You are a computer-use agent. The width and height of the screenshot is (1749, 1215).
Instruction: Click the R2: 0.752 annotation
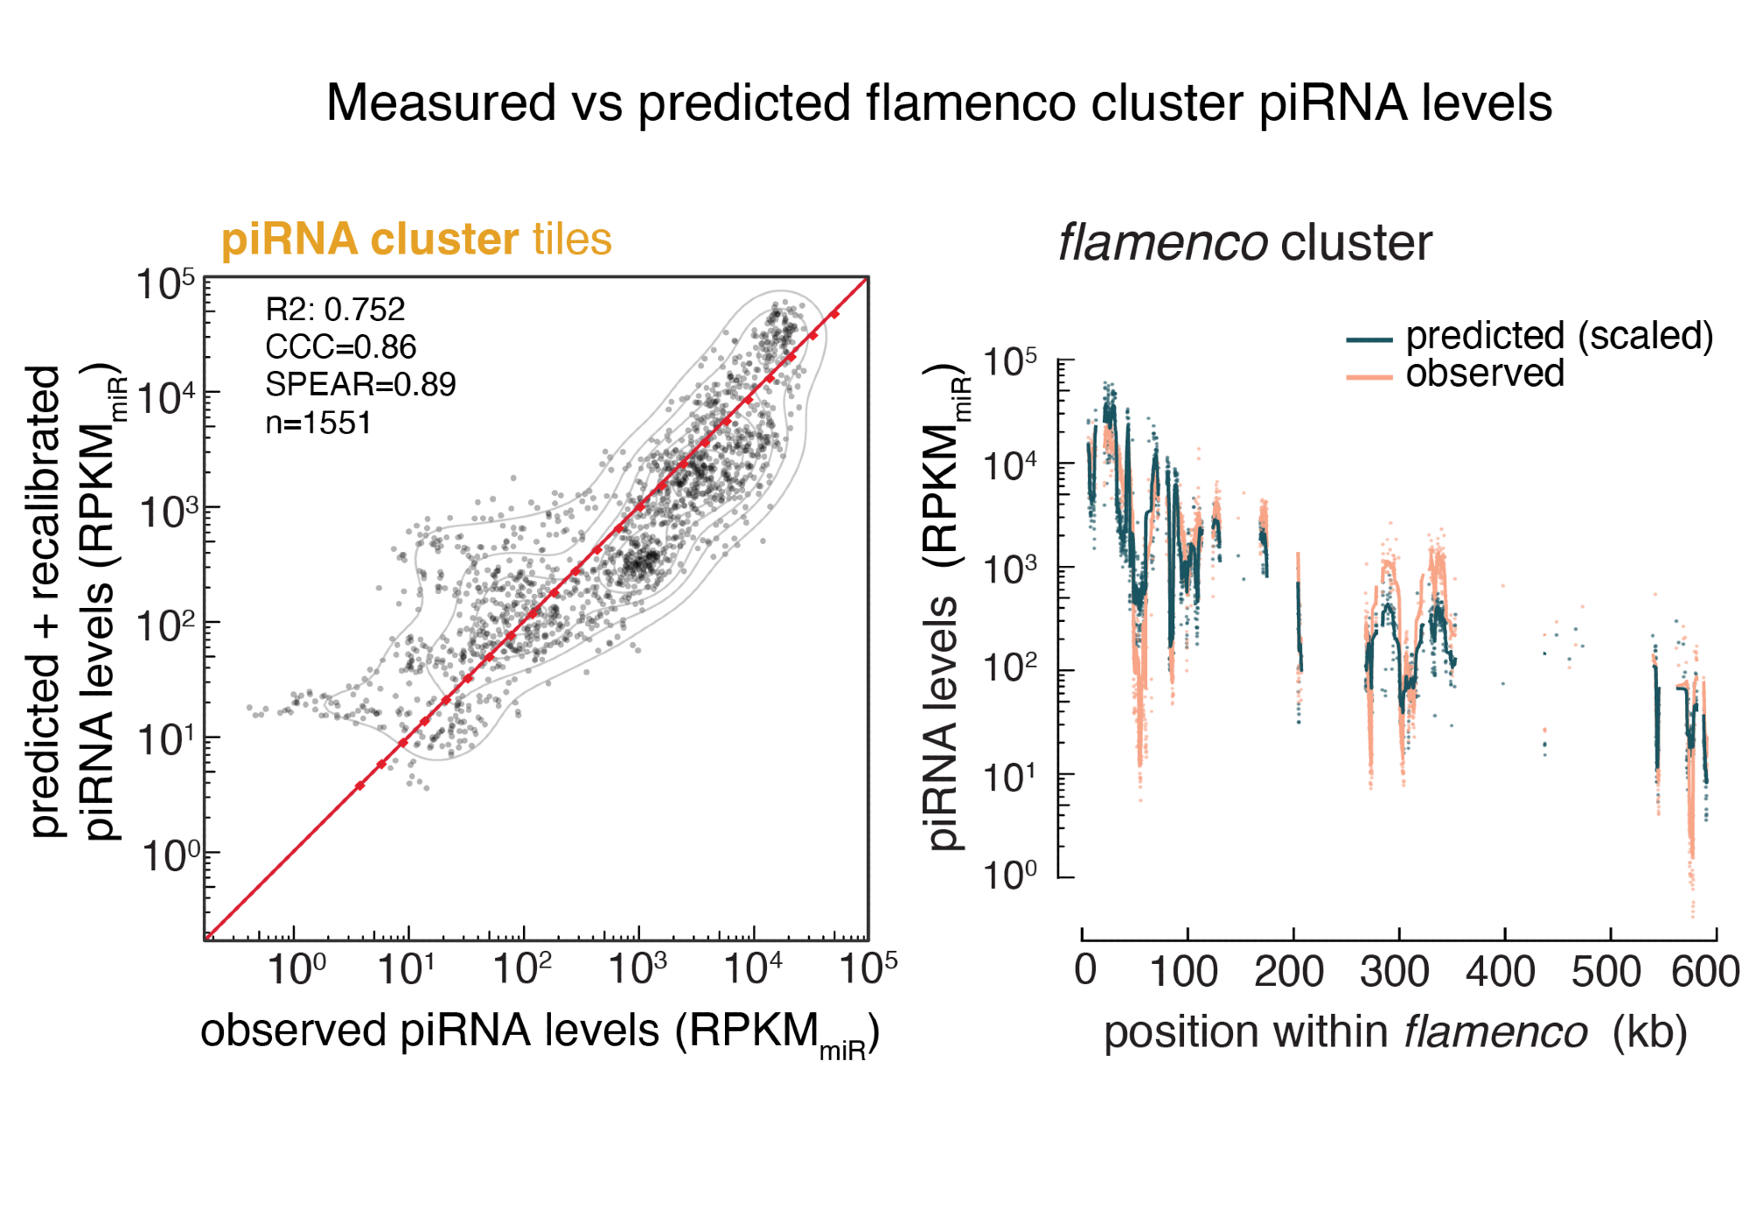[x=335, y=310]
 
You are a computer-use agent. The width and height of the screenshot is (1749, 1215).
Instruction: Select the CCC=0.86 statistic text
[x=340, y=347]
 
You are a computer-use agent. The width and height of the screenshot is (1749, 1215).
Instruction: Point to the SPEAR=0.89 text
[x=360, y=385]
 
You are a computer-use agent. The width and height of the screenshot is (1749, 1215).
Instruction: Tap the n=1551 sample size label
[x=318, y=423]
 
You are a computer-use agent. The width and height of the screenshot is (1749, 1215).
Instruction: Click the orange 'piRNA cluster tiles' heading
[x=416, y=240]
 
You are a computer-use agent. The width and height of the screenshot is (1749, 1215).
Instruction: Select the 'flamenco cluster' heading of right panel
[x=1244, y=243]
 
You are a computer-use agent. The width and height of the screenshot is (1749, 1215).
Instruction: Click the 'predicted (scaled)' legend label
[x=1559, y=336]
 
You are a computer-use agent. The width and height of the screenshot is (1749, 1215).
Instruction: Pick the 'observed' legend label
[x=1484, y=374]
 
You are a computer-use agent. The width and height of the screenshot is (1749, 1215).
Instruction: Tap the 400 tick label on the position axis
[x=1501, y=972]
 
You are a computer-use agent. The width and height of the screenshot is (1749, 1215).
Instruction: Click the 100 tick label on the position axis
[x=1183, y=972]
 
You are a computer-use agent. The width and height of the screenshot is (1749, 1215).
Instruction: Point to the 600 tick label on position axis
[x=1705, y=972]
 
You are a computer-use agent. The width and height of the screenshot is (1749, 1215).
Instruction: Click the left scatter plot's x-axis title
[x=540, y=1032]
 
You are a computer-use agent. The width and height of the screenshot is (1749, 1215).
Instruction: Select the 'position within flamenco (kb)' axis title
[x=1395, y=1032]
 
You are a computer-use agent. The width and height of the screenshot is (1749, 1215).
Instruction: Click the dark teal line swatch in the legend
[x=1369, y=339]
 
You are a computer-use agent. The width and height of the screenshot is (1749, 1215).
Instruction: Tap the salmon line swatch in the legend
[x=1369, y=377]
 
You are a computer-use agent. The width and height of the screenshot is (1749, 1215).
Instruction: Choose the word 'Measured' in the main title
[x=441, y=103]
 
